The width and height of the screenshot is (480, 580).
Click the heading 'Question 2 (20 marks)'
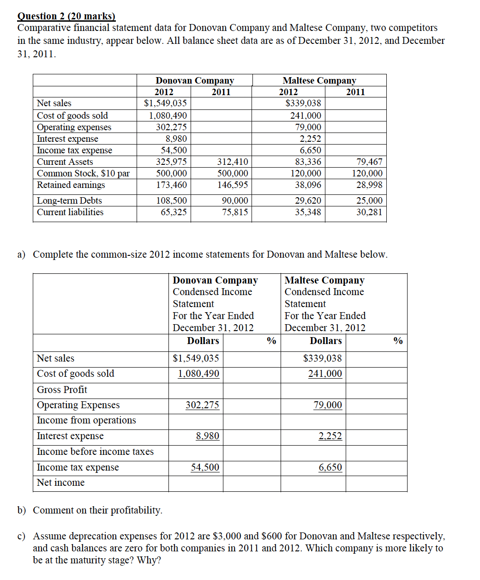coord(66,16)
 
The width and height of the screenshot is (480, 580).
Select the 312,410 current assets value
coord(233,162)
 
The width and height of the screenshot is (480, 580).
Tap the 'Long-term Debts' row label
coord(69,200)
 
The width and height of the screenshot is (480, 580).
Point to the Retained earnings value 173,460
coord(171,185)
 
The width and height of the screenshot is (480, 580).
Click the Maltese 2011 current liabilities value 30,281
coord(369,212)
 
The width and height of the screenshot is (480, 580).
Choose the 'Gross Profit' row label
coord(62,389)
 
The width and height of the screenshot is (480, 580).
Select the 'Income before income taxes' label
coord(95,451)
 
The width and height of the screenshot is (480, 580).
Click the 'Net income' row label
coord(60,482)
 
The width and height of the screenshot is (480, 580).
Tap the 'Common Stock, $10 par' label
coord(83,173)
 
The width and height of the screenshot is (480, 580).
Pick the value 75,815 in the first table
coord(233,212)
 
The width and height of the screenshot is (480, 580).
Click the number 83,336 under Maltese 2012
coord(308,162)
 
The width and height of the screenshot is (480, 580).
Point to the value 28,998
coord(369,185)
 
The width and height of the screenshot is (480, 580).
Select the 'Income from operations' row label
coord(86,420)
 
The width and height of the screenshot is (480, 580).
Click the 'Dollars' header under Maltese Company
coord(325,340)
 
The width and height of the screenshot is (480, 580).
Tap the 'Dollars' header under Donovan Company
coord(203,340)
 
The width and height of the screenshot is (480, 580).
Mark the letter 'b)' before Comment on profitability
coord(21,510)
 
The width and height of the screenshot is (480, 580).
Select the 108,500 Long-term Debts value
coord(171,200)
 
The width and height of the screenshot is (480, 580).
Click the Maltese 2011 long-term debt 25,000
coord(369,200)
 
